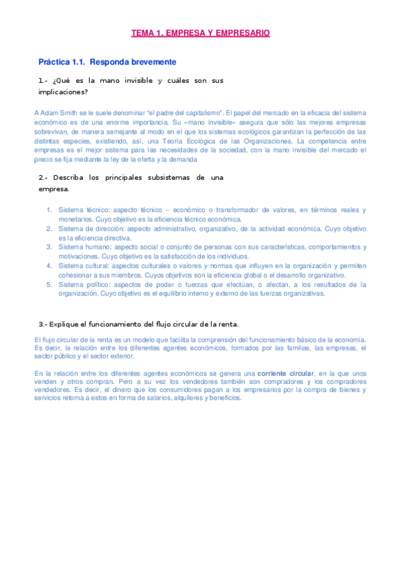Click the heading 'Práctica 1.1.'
62,62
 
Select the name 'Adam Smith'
58,113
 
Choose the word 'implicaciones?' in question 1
64,91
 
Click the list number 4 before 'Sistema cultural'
50,265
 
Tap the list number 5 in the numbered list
50,284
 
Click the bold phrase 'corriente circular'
286,372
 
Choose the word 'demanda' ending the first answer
183,160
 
